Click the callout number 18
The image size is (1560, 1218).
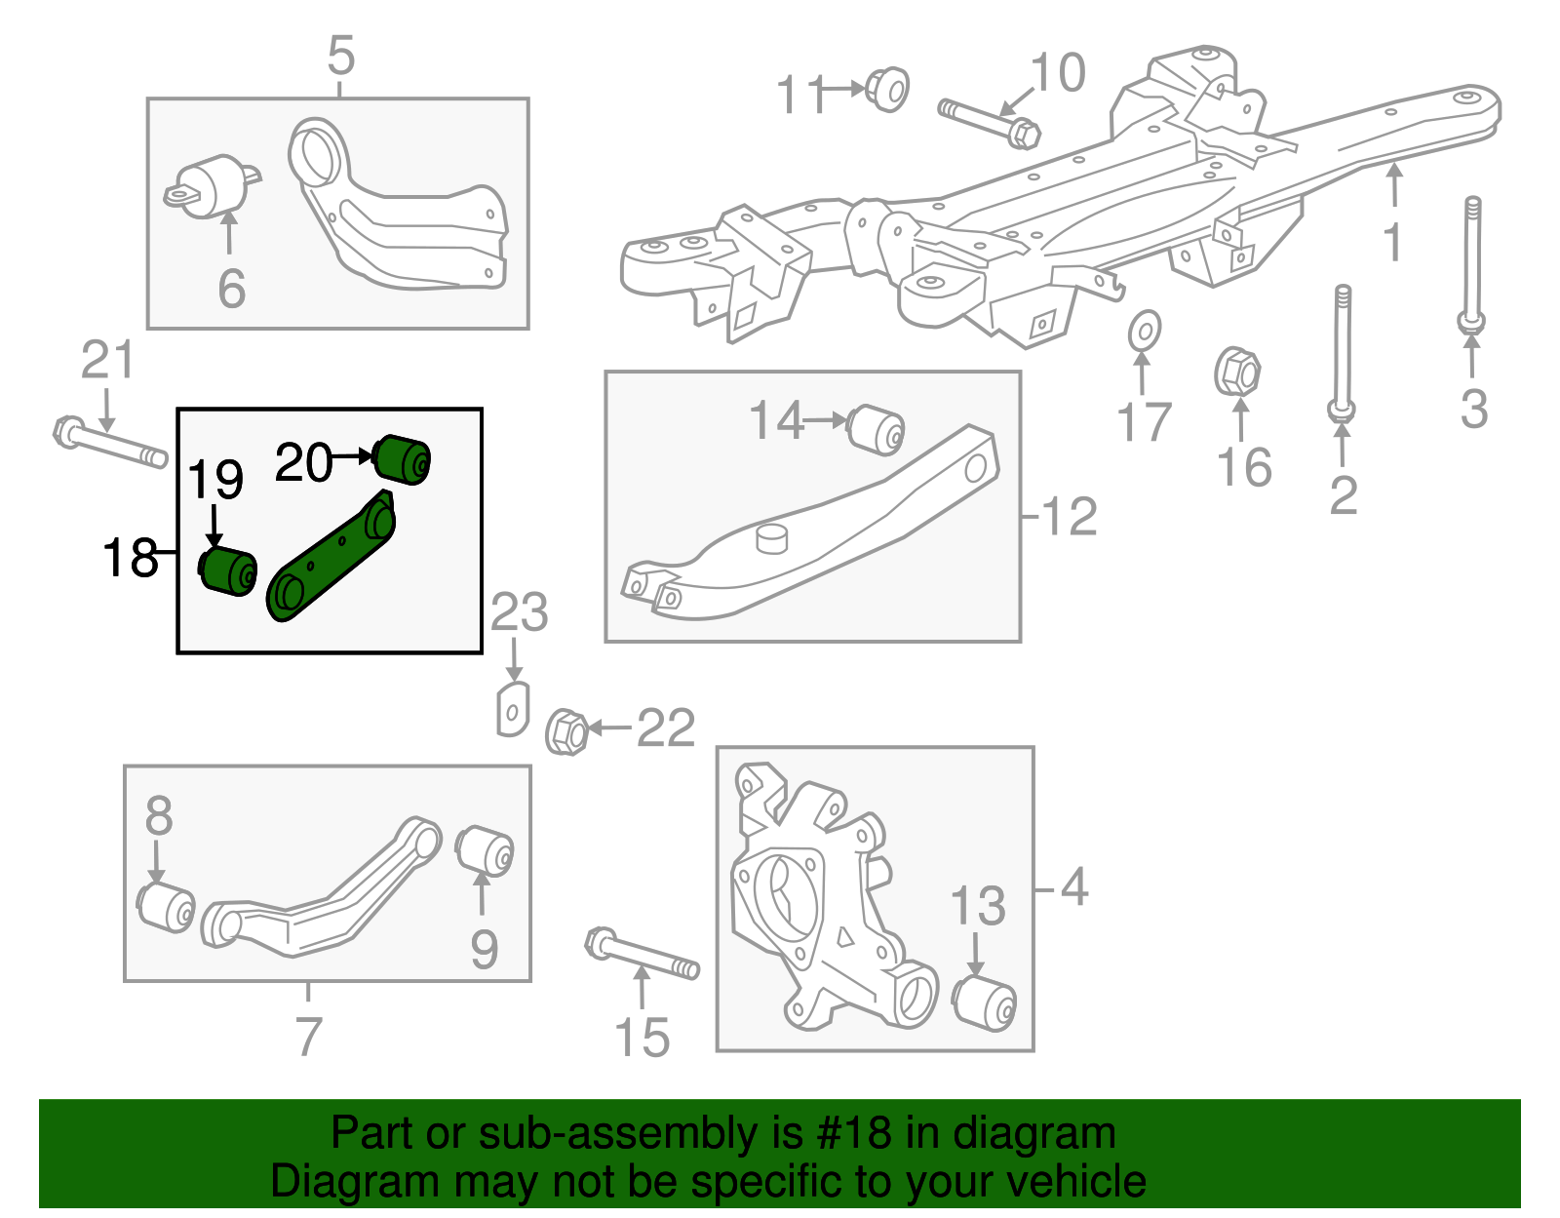[x=130, y=558]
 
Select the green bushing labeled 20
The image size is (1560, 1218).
[x=404, y=458]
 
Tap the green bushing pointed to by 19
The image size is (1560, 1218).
[x=228, y=571]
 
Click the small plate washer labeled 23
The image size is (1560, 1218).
[x=513, y=709]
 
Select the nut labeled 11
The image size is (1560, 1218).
[x=887, y=89]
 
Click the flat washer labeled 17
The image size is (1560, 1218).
[x=1144, y=331]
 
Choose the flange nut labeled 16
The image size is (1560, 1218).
[x=1237, y=372]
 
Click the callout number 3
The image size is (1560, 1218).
[x=1473, y=409]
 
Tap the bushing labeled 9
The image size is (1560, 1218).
[x=485, y=850]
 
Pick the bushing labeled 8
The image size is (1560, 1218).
[x=166, y=906]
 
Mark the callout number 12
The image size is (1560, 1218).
[x=1070, y=517]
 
